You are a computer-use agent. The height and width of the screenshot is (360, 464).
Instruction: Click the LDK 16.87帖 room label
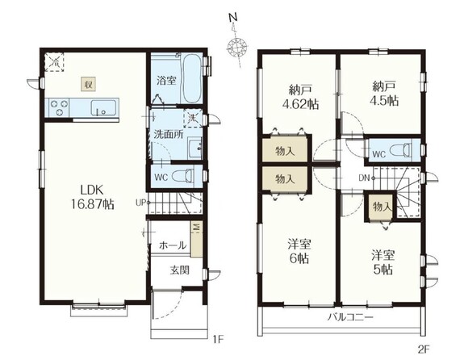[x=92, y=197]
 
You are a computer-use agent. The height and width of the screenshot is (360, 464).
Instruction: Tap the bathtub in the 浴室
[x=192, y=77]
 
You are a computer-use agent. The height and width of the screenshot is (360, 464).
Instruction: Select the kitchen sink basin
[x=103, y=107]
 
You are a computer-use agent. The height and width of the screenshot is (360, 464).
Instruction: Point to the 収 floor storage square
[x=89, y=85]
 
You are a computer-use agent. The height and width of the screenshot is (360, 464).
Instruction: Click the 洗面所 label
[x=169, y=135]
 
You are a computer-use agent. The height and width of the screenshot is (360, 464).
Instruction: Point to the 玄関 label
[x=180, y=270]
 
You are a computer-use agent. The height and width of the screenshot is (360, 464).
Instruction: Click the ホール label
[x=173, y=245]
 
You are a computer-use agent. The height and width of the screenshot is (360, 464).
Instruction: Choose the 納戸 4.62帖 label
[x=300, y=97]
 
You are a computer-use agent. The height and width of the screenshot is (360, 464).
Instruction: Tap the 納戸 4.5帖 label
[x=383, y=94]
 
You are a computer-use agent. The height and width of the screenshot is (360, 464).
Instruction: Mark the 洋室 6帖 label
[x=299, y=252]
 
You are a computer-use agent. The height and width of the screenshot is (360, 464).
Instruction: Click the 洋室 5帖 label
[x=383, y=262]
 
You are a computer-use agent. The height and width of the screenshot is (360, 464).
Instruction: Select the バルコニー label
[x=350, y=318]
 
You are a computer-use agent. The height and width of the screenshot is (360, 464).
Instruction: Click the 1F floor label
[x=218, y=339]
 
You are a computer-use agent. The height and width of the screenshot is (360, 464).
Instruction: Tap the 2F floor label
[x=424, y=350]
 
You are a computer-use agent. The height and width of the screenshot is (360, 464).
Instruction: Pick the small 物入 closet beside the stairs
[x=380, y=207]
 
